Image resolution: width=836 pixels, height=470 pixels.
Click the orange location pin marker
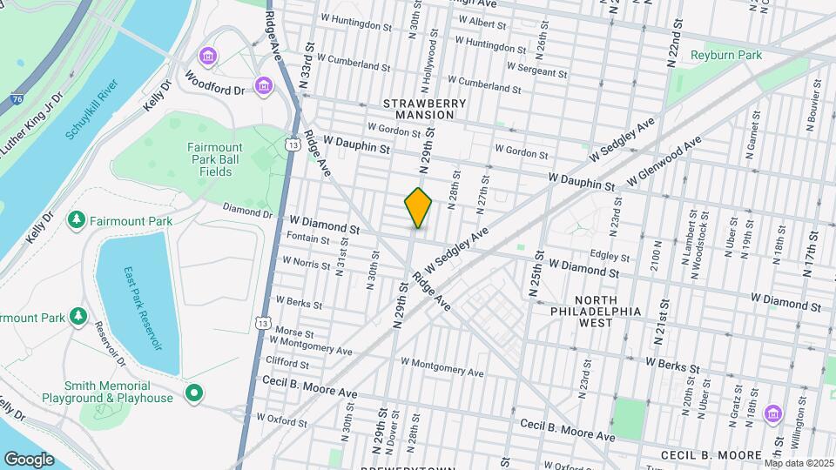point(418,208)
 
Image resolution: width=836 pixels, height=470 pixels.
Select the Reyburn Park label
point(726,55)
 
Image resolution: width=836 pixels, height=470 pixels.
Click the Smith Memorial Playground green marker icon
point(193,393)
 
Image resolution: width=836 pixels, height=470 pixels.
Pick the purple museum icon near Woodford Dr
point(263,86)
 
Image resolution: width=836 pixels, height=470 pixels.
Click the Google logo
point(29,459)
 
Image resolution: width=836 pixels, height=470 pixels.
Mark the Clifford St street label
point(287,360)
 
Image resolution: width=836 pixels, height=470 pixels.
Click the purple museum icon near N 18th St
point(772,413)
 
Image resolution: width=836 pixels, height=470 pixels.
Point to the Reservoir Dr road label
point(111,343)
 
